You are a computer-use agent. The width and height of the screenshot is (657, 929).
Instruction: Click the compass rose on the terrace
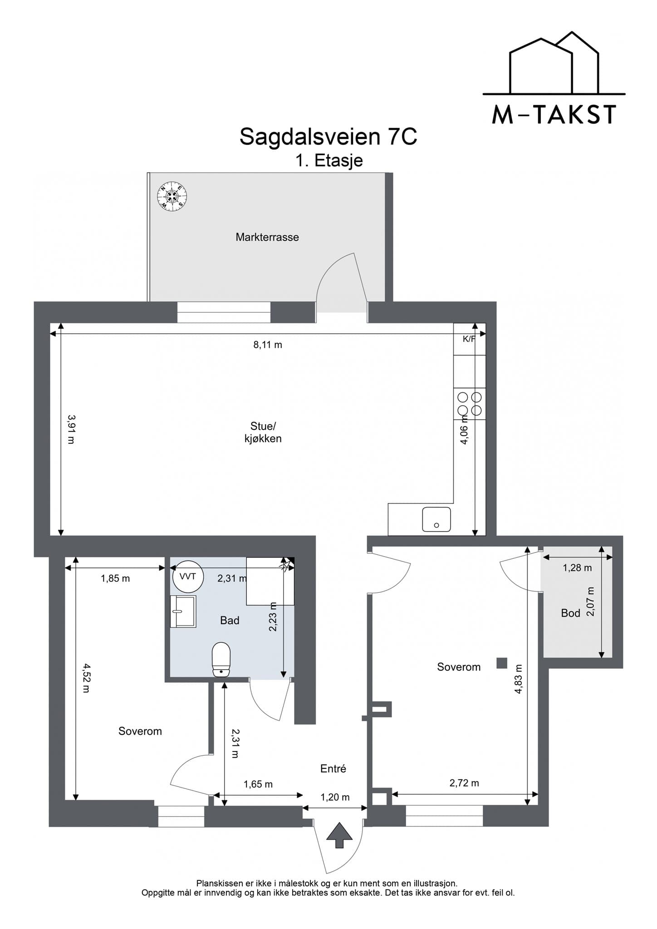[172, 196]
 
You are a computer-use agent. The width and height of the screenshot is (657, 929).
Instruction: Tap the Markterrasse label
[267, 237]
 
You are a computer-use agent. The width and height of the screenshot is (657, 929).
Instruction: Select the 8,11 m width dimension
[268, 345]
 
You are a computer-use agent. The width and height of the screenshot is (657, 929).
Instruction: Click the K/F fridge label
[469, 339]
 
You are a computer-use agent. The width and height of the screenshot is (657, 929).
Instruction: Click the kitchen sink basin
[436, 519]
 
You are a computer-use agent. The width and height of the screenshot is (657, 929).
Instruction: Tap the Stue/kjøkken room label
[263, 432]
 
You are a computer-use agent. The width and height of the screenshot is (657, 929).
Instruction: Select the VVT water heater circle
[188, 577]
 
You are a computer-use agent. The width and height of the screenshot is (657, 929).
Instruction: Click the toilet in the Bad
[221, 659]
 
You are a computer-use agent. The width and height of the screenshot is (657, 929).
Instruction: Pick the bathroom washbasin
[183, 611]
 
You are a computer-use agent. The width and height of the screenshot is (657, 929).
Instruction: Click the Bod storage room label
[571, 613]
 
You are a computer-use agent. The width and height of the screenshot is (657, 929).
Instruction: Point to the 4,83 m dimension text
[519, 679]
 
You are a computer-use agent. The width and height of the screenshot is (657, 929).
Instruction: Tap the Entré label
[333, 768]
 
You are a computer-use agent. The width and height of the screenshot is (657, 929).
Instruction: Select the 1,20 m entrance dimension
[335, 797]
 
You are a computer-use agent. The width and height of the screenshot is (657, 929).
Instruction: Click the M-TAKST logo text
[554, 115]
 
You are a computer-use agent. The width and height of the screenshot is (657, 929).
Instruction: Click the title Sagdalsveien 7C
[328, 137]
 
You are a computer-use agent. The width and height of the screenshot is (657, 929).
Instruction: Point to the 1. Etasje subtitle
[329, 161]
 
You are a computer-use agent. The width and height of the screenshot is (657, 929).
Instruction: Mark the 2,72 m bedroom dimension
[464, 783]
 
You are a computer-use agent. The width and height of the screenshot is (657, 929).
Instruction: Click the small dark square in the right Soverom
[501, 663]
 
